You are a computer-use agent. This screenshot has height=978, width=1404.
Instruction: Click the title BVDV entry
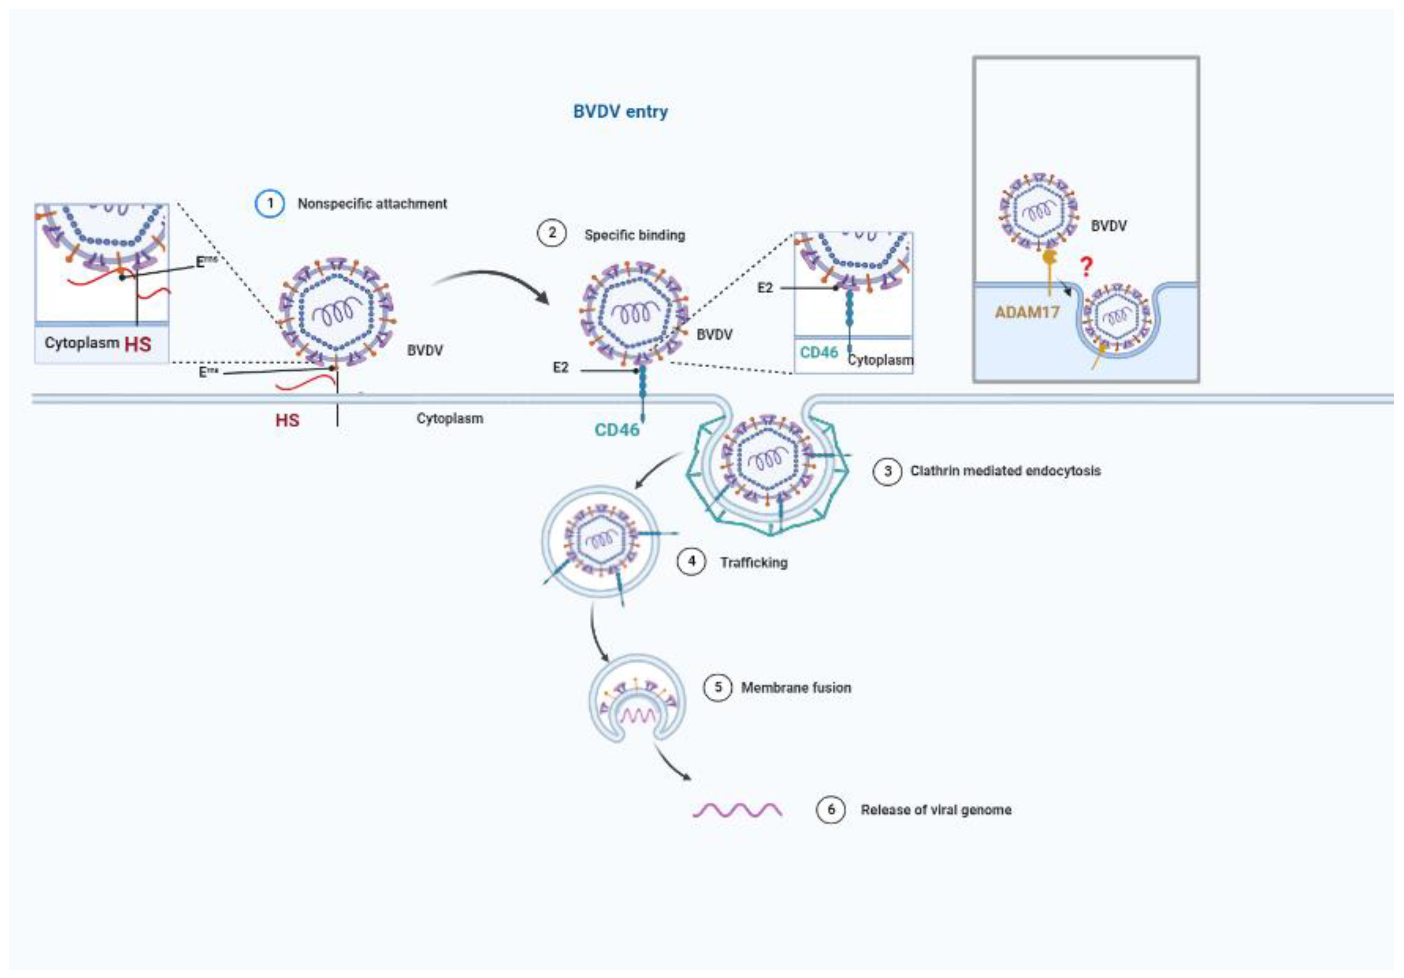(620, 112)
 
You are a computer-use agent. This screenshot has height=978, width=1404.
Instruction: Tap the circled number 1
(270, 204)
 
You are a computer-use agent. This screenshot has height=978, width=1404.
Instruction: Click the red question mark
(1086, 267)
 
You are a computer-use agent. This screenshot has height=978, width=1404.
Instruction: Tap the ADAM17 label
(1027, 312)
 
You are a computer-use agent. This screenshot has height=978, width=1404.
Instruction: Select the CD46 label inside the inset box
(819, 353)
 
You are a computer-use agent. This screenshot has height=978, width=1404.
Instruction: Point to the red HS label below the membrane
(287, 421)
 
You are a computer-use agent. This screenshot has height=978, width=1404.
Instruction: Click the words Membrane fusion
(796, 688)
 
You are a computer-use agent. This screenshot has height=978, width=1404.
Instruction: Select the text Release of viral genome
(936, 810)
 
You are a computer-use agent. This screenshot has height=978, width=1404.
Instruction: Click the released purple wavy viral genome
(737, 810)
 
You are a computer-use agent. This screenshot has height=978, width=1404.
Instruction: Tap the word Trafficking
(754, 562)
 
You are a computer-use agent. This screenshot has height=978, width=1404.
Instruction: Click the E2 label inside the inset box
(765, 288)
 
